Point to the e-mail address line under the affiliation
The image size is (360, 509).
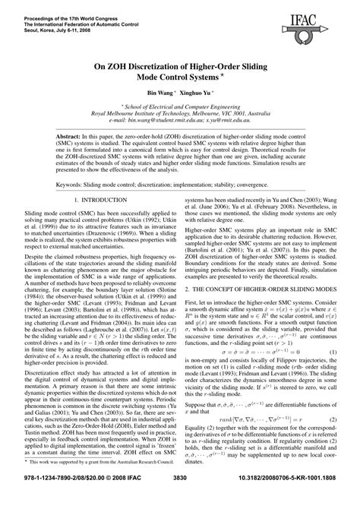[x=180, y=120]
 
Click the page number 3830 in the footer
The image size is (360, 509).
[x=180, y=499]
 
